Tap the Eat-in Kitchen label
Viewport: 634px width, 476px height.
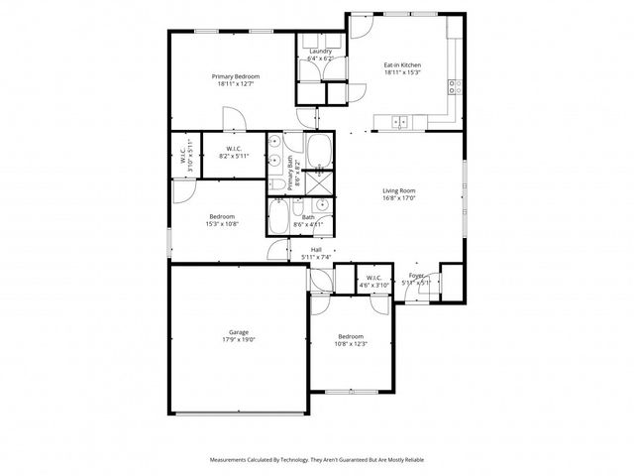coord(402,65)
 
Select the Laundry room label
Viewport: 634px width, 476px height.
coord(320,51)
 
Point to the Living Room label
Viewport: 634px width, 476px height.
coord(399,190)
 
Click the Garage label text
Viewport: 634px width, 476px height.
coord(238,332)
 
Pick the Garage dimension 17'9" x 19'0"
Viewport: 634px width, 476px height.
coord(238,340)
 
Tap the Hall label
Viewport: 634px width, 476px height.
coord(316,250)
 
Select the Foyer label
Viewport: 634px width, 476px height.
coord(416,276)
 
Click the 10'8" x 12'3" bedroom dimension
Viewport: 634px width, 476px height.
coord(351,343)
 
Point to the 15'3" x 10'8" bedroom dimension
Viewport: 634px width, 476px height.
coord(222,224)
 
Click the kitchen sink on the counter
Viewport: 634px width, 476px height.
coord(399,122)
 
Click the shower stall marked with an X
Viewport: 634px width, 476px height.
coord(319,182)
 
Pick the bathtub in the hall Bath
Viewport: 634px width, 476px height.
coord(280,217)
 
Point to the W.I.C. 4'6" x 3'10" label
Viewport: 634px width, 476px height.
coord(373,282)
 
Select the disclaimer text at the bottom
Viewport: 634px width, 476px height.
coord(316,460)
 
